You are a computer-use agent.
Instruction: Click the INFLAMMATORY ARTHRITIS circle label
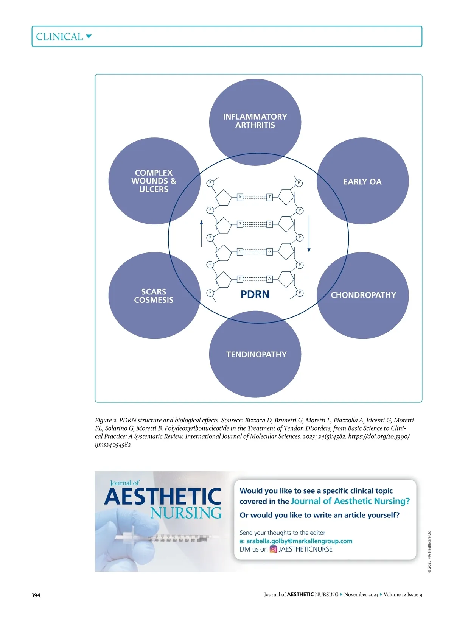click(x=255, y=121)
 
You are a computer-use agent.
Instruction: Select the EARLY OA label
click(x=362, y=182)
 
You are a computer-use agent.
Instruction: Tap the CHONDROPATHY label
click(x=363, y=295)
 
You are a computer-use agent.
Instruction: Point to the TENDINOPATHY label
click(x=256, y=354)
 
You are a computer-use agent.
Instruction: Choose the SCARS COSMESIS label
click(x=154, y=296)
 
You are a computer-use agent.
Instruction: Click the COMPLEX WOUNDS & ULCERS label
click(x=154, y=181)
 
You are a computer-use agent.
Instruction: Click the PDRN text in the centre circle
click(x=255, y=294)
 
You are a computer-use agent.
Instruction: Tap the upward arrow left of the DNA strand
click(x=201, y=233)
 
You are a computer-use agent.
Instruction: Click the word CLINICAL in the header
click(x=59, y=37)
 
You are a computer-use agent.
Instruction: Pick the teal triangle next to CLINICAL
click(x=89, y=36)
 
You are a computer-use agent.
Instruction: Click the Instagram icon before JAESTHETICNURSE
click(x=273, y=549)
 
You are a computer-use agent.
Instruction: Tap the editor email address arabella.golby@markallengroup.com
click(x=299, y=541)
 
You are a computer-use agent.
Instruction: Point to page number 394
click(x=36, y=595)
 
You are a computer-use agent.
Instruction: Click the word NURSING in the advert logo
click(x=186, y=513)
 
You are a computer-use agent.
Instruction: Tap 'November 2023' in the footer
click(x=361, y=594)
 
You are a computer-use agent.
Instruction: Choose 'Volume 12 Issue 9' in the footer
click(x=403, y=594)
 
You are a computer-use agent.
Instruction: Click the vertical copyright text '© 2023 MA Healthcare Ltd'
click(x=429, y=552)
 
